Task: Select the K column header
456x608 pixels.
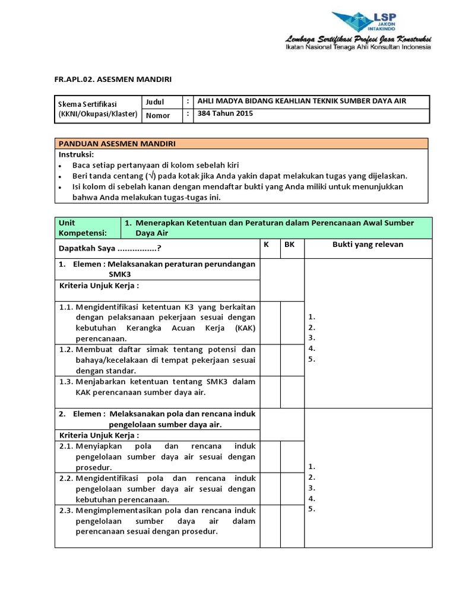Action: click(267, 244)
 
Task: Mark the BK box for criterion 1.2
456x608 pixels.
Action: click(292, 360)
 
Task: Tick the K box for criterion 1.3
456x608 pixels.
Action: click(270, 392)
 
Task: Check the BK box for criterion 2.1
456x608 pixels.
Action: click(292, 457)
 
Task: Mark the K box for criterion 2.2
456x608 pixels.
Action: click(270, 489)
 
